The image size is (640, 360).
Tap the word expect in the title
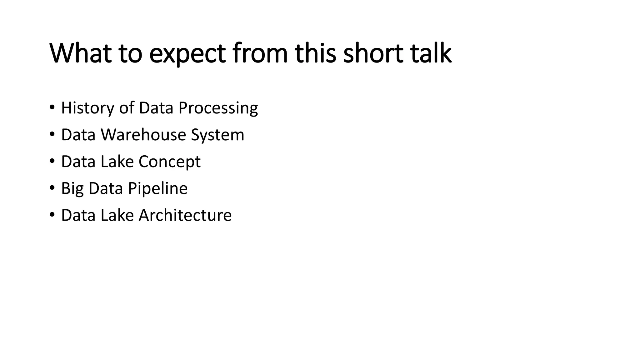pos(187,54)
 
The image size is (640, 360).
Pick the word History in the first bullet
pos(87,108)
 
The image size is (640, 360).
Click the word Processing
pos(218,108)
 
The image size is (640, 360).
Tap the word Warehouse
pos(143,135)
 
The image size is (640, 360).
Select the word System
pos(217,135)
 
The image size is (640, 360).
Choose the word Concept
pos(169,162)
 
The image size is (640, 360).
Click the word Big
pos(72,189)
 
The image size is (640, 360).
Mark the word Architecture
pos(185,215)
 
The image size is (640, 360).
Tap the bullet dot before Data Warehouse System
pos(52,135)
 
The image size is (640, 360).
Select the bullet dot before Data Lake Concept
pos(52,162)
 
